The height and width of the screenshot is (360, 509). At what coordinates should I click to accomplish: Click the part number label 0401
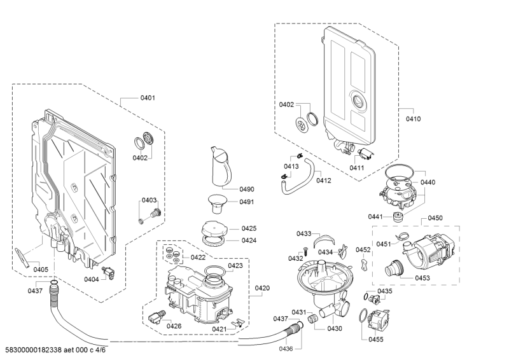pyautogui.click(x=148, y=98)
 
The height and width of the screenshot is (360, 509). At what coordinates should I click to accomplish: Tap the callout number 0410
pyautogui.click(x=414, y=118)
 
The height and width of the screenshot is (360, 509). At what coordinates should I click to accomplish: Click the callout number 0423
pyautogui.click(x=235, y=265)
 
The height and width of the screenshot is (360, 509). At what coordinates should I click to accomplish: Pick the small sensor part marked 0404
pyautogui.click(x=111, y=272)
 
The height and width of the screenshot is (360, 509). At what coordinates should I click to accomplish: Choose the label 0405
pyautogui.click(x=41, y=269)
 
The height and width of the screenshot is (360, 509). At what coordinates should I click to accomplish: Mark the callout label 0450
pyautogui.click(x=435, y=218)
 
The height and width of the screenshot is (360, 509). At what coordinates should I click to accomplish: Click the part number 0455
pyautogui.click(x=376, y=340)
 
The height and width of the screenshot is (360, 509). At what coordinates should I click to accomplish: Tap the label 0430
pyautogui.click(x=335, y=328)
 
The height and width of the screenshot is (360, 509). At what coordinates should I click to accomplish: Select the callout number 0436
pyautogui.click(x=286, y=348)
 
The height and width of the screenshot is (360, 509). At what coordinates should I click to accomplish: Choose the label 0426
pyautogui.click(x=174, y=326)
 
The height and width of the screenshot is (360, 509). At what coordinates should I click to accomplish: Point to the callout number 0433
pyautogui.click(x=304, y=233)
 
